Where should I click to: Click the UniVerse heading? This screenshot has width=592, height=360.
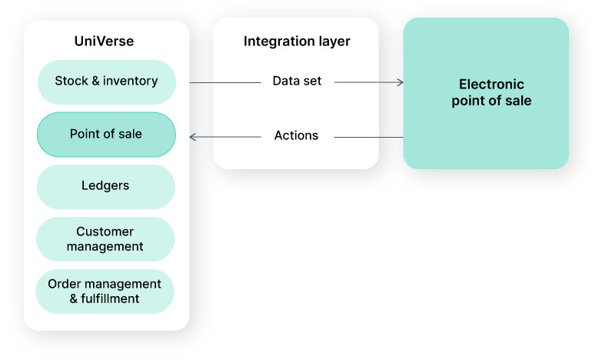[106, 41]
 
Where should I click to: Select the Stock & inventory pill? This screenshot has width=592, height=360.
[106, 82]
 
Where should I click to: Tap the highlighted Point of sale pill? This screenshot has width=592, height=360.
[106, 135]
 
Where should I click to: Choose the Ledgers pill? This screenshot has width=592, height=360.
[105, 186]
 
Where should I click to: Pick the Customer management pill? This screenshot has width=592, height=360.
[105, 239]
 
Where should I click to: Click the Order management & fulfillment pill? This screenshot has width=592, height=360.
[105, 292]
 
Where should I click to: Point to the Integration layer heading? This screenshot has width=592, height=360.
[296, 42]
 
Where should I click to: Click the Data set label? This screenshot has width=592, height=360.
[297, 82]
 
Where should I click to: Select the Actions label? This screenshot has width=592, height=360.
[296, 136]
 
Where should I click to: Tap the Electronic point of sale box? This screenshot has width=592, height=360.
[486, 92]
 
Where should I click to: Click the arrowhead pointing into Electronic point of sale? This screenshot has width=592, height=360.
[399, 82]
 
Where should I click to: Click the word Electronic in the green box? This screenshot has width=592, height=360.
[491, 85]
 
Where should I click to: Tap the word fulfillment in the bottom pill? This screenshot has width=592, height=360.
[111, 299]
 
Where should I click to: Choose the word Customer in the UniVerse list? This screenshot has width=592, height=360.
[105, 232]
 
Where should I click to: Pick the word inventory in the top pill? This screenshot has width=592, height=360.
[131, 82]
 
